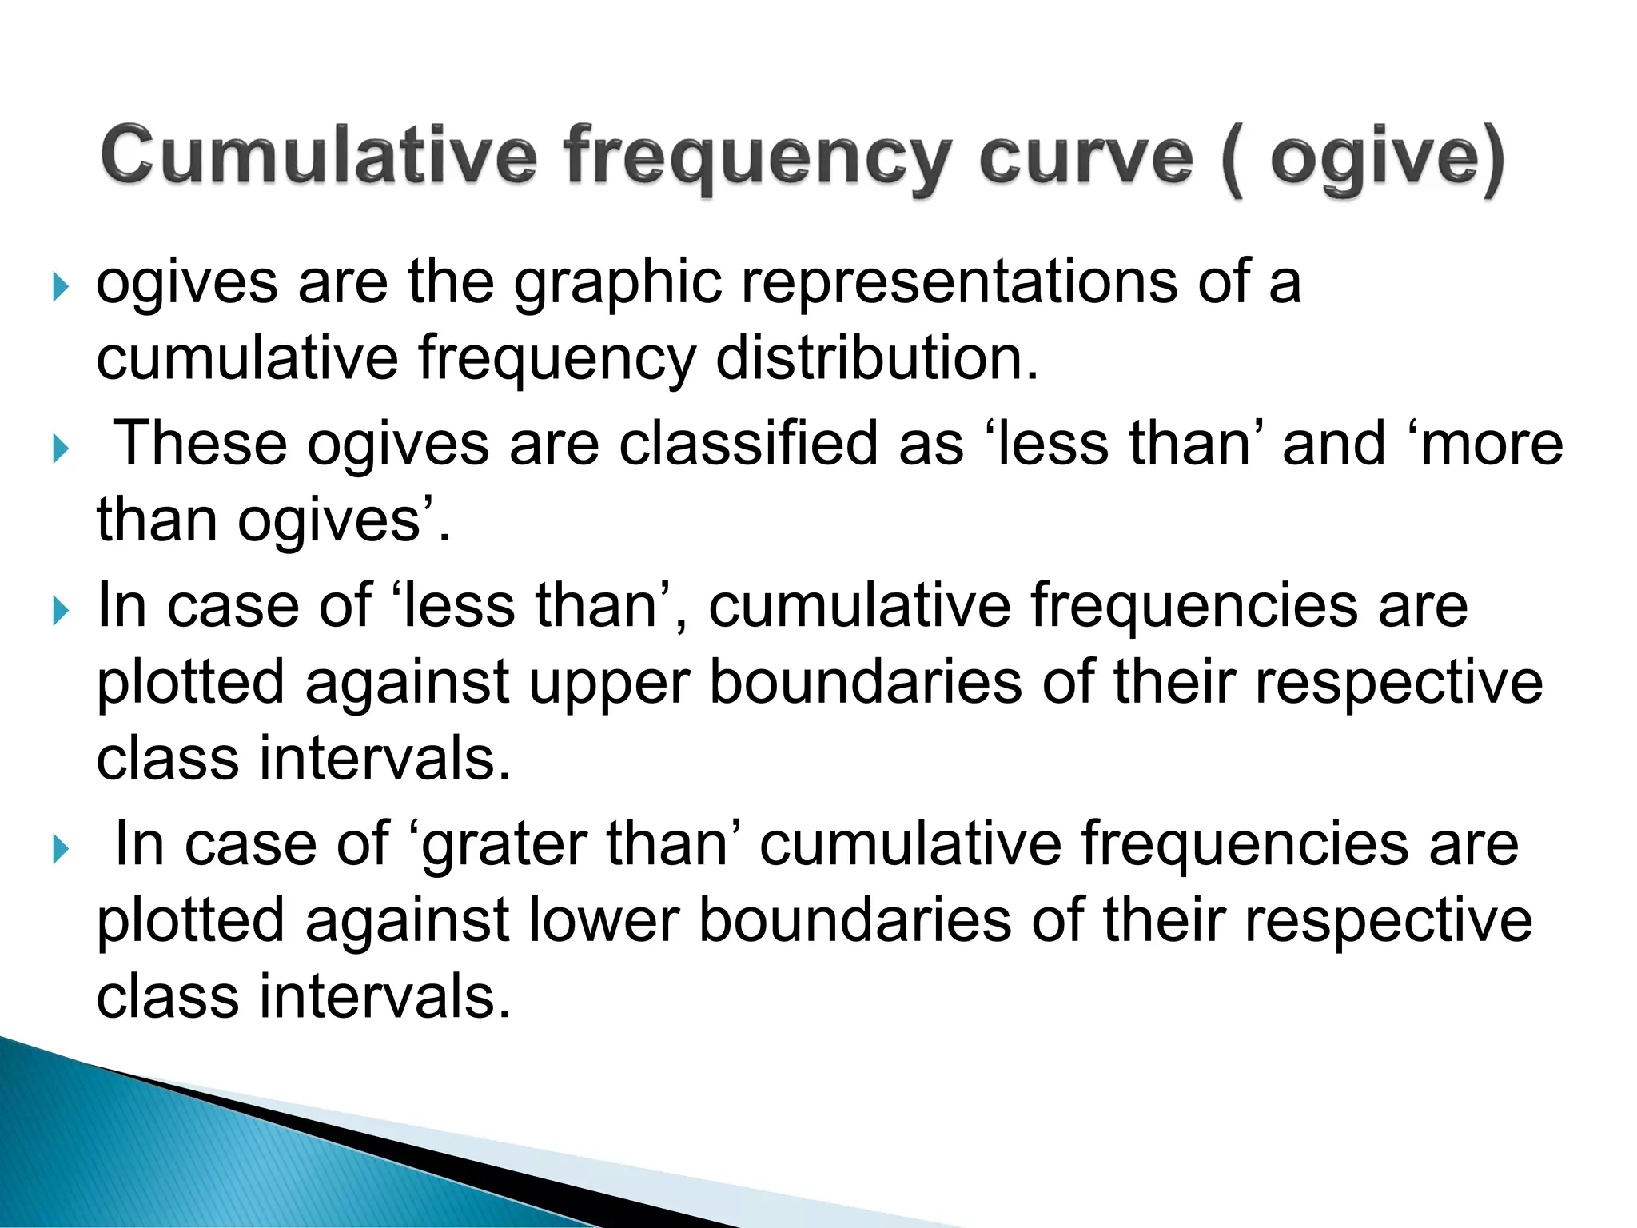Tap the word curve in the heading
[1086, 155]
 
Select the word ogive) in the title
[1388, 157]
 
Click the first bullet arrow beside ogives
[59, 285]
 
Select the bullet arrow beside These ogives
[59, 448]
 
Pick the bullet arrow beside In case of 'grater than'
[59, 848]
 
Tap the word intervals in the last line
[384, 996]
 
